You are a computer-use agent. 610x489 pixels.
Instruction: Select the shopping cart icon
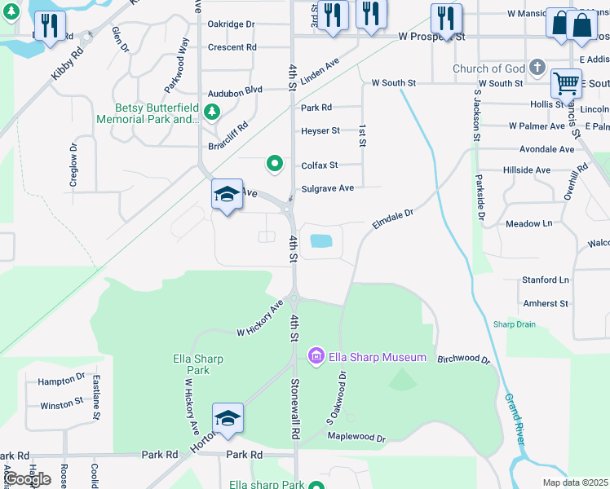[565, 82]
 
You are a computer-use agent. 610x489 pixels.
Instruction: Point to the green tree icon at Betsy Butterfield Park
[213, 112]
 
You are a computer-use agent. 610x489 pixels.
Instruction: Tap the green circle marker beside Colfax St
[275, 165]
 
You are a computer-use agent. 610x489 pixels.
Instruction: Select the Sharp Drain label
[515, 324]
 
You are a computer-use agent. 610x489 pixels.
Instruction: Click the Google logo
[27, 478]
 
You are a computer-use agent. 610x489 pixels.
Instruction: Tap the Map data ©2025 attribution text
[574, 482]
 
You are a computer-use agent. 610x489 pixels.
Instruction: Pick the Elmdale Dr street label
[393, 218]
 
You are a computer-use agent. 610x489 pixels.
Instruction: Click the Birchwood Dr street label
[463, 359]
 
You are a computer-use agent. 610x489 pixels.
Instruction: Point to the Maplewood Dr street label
[356, 438]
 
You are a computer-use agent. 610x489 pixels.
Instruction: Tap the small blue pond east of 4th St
[321, 241]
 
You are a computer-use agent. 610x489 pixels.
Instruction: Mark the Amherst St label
[545, 303]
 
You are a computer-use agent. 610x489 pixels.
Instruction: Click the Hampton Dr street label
[62, 380]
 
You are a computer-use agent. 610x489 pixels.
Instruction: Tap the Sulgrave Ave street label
[327, 188]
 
